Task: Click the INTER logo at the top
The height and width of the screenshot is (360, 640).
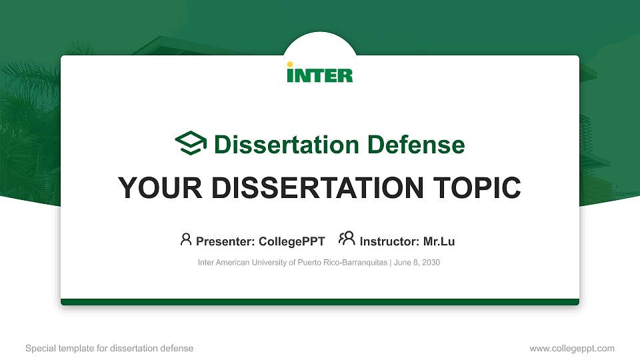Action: pos(320,73)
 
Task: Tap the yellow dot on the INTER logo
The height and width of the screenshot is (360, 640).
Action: pos(290,65)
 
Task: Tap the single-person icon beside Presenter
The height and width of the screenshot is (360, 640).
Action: pos(186,239)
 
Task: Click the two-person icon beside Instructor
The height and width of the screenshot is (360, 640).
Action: pos(347,239)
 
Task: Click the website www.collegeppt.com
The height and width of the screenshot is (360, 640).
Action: pos(571,348)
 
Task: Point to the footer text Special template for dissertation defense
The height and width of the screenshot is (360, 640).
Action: pos(109,348)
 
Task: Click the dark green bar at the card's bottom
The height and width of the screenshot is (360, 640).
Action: pos(320,302)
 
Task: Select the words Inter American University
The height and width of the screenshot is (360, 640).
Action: pos(240,263)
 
